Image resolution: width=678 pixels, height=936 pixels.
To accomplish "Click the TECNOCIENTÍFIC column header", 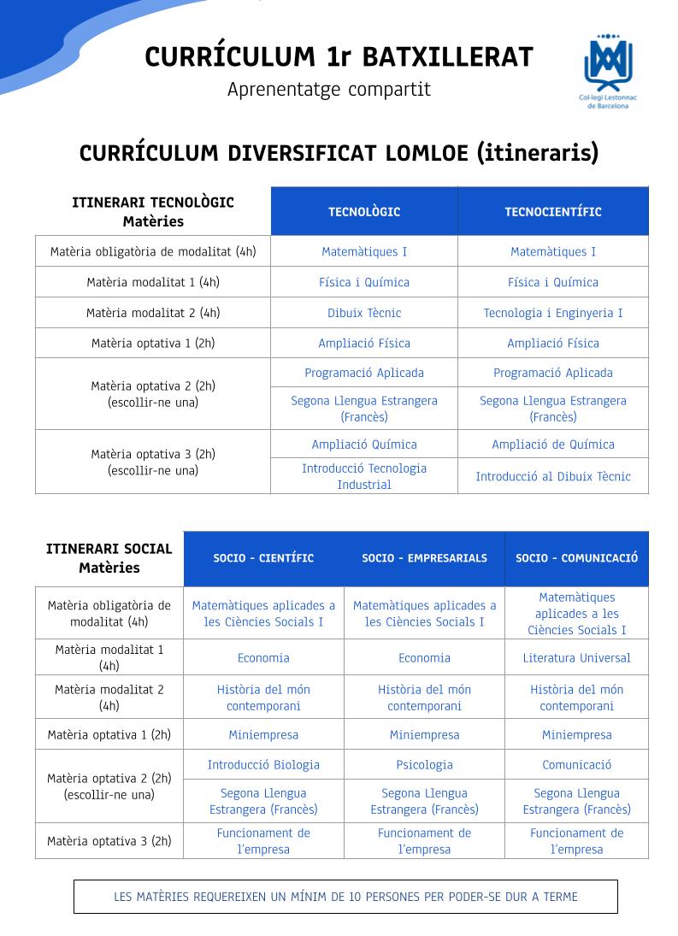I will click(552, 212).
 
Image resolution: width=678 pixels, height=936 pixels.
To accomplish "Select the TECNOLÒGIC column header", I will click(364, 212).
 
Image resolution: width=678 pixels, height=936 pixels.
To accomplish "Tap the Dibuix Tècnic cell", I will click(364, 313).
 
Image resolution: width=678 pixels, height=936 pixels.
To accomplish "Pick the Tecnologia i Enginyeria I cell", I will click(553, 313).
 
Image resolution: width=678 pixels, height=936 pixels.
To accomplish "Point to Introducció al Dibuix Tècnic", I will click(553, 476).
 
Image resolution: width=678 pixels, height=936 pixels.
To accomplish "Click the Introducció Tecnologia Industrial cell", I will click(364, 476).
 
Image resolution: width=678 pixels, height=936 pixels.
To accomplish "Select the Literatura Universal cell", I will click(576, 657).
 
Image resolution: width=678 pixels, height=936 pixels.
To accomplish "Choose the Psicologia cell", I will click(424, 764).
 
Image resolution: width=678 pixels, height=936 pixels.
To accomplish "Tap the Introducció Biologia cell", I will click(263, 764).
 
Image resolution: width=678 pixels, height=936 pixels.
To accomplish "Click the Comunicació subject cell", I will click(576, 764).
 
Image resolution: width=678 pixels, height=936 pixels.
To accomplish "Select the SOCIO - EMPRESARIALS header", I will click(424, 558).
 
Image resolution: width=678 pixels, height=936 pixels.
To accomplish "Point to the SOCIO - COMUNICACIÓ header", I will click(576, 558).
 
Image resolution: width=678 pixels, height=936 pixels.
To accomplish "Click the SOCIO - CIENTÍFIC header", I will click(263, 558).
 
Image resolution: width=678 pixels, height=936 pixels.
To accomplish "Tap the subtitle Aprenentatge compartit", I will click(329, 89).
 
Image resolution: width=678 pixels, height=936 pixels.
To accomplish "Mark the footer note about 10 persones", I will click(345, 897).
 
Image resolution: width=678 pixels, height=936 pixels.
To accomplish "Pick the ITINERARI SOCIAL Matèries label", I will click(109, 558).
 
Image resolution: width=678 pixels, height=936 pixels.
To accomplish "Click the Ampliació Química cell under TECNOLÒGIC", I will click(364, 444).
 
